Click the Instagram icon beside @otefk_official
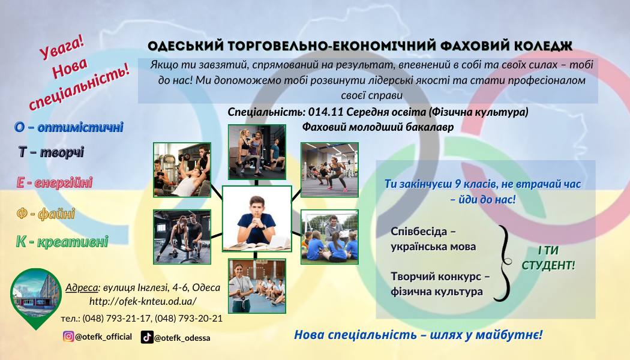[x=68, y=336]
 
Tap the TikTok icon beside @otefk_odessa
[x=147, y=337]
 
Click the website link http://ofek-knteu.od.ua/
[x=143, y=301]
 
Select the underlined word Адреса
[x=82, y=287]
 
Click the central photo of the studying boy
[x=257, y=218]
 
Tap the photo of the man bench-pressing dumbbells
[x=182, y=170]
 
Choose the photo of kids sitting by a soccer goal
[x=329, y=236]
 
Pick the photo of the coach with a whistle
[x=257, y=286]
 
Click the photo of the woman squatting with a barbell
[x=329, y=170]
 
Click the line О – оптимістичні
[x=69, y=127]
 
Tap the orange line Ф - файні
[x=46, y=214]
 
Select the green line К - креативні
[x=62, y=242]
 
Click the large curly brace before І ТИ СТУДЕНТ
[x=503, y=263]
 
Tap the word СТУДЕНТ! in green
[x=548, y=265]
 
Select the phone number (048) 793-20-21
[x=188, y=318]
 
